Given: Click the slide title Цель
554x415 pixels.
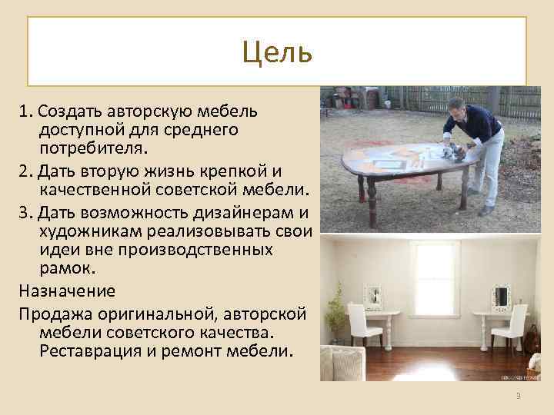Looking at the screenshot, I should pos(276,53).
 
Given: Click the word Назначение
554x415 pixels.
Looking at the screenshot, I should pos(68,291).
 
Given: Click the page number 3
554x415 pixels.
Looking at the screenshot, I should pos(519,395).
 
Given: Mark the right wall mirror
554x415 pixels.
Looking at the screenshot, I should pos(502,296).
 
